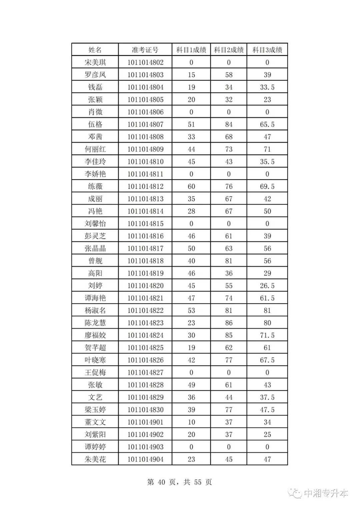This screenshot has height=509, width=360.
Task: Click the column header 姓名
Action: coord(95,50)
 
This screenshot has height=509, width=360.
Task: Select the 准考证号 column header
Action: coord(145,50)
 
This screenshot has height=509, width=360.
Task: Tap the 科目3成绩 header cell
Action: coord(267,50)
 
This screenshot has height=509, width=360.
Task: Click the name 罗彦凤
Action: coord(95,75)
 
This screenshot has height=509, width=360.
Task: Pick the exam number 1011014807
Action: coord(145,124)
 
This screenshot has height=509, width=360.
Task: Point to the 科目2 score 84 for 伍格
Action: coord(229,124)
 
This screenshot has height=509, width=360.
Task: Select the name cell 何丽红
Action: coord(95,149)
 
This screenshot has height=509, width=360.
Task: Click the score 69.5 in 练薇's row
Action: coord(267,186)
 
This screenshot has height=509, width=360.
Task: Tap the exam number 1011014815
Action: coord(145,224)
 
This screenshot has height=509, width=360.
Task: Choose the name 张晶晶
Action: coord(95,248)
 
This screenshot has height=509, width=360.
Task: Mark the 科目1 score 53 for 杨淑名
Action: coord(191,310)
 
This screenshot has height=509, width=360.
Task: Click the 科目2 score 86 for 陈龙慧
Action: coord(229,323)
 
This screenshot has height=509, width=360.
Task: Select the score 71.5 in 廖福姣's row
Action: coord(267,335)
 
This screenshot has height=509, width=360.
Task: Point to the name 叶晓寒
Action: coord(95,360)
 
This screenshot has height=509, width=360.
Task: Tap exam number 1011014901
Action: coord(145,422)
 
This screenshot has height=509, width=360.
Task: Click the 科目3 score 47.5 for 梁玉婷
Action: coord(267,410)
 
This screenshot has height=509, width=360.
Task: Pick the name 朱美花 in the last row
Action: coord(95,459)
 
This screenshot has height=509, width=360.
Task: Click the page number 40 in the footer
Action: coord(161,482)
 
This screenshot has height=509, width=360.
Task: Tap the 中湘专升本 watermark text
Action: coord(326,493)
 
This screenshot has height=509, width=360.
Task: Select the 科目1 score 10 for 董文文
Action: coord(191,422)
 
